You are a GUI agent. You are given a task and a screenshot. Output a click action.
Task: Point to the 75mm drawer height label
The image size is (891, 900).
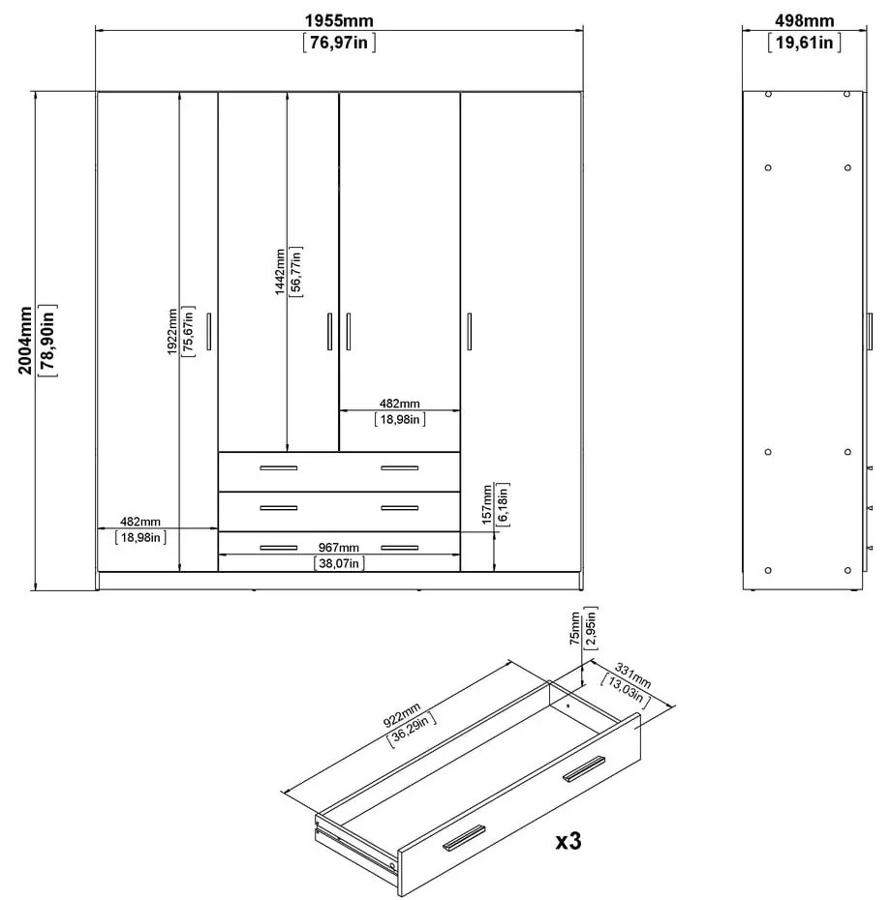coord(575,627)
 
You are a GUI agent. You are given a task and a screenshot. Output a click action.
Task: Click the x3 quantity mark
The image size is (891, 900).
coord(568,841)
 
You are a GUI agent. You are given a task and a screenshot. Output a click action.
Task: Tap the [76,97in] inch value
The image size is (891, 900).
coord(338,43)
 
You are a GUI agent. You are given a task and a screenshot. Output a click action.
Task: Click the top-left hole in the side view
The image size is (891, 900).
coord(768,95)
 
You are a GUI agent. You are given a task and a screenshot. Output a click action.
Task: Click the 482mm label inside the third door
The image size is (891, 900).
coord(399,404)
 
